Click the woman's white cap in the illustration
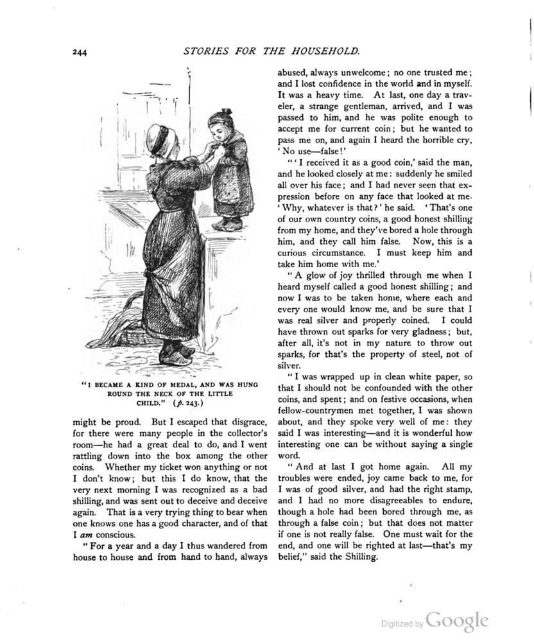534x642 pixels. pos(157,136)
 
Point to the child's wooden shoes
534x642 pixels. pos(228,224)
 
